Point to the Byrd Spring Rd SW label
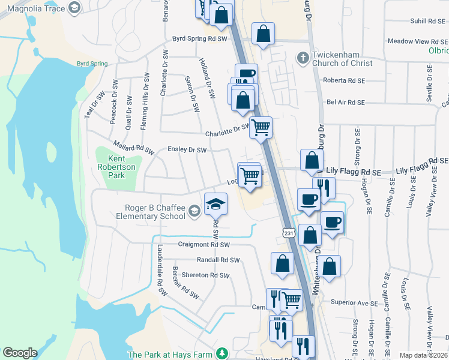point(199,38)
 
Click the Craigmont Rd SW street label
point(204,245)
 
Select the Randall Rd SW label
point(218,260)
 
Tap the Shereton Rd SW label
point(206,275)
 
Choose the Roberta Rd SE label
point(344,80)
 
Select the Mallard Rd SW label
point(133,148)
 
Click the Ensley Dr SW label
point(187,149)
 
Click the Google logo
point(20,353)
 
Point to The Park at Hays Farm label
point(170,355)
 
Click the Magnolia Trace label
point(34,7)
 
